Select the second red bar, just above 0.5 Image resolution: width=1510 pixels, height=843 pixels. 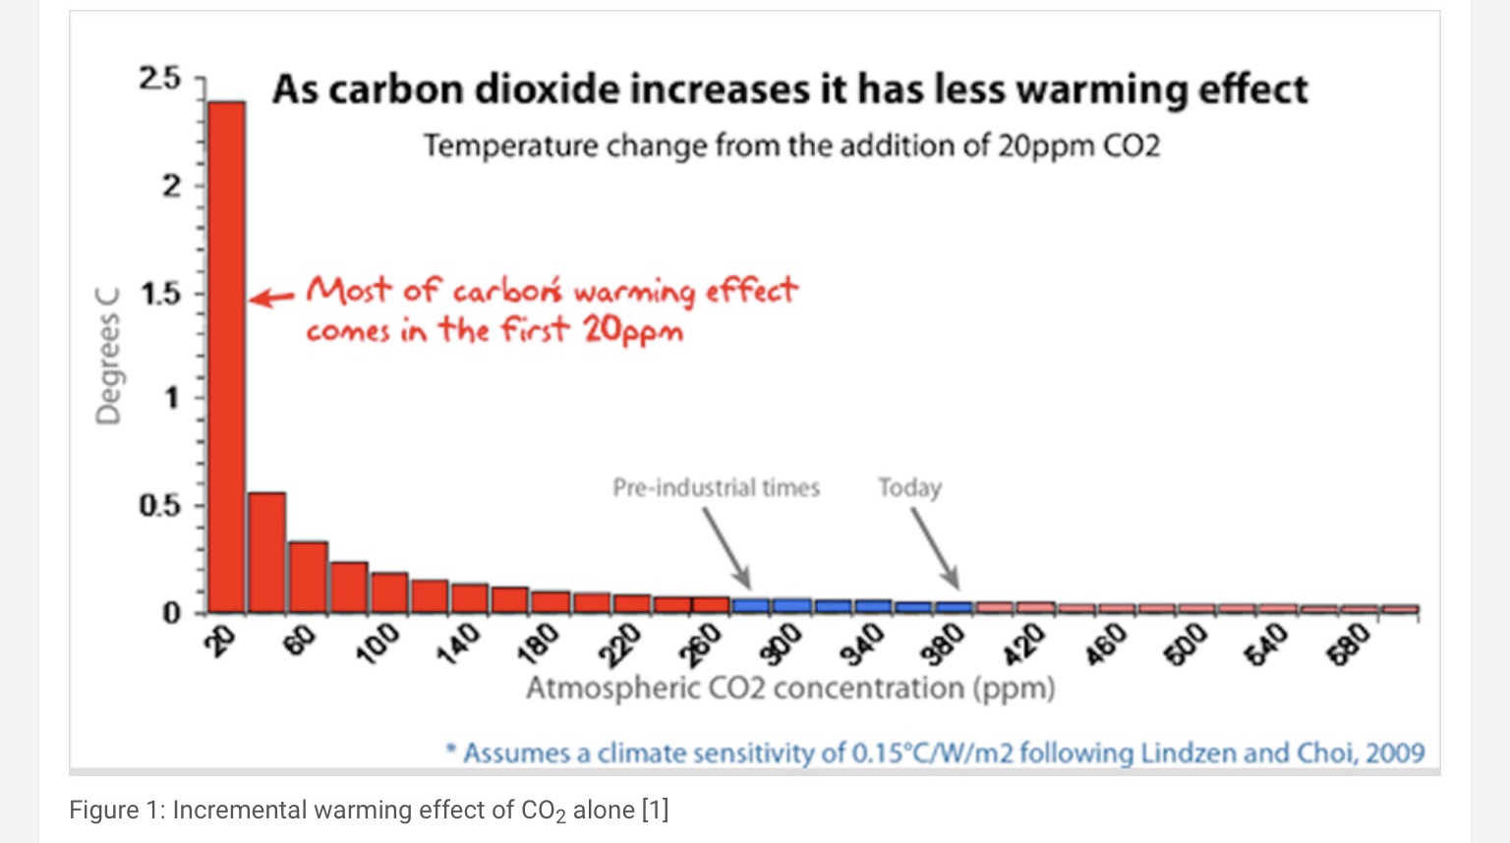[x=266, y=551]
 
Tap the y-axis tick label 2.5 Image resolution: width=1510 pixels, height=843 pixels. [x=160, y=79]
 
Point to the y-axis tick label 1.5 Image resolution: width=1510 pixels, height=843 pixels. [x=160, y=293]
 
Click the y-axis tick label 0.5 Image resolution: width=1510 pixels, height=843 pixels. [x=160, y=506]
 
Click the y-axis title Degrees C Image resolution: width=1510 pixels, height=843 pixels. [x=108, y=356]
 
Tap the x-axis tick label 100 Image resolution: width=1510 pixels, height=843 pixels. [x=377, y=644]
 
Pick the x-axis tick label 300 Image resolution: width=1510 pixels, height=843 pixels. [x=784, y=644]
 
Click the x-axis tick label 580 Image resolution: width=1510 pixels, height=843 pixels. [x=1348, y=644]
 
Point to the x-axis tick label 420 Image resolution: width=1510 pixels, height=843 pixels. [x=1024, y=644]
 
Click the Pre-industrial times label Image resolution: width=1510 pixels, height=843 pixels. [x=716, y=487]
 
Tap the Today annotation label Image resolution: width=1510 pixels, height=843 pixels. [x=909, y=487]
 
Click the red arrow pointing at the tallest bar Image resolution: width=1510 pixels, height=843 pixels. [x=270, y=298]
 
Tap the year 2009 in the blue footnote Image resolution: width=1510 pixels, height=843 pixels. [x=1394, y=754]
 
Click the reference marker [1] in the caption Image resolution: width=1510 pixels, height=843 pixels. [x=655, y=811]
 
